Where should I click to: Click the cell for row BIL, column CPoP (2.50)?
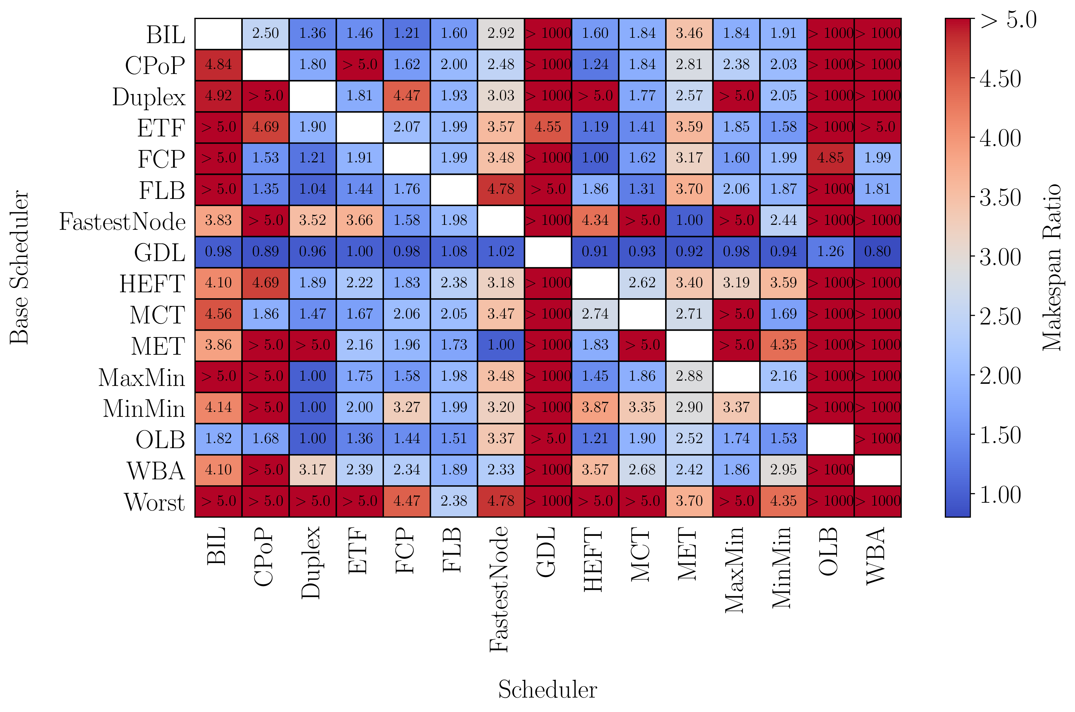click(x=265, y=33)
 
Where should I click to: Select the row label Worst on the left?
click(x=154, y=502)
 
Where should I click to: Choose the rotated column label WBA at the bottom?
click(x=876, y=556)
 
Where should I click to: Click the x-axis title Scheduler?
click(x=547, y=689)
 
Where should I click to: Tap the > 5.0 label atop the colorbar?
click(x=1008, y=20)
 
